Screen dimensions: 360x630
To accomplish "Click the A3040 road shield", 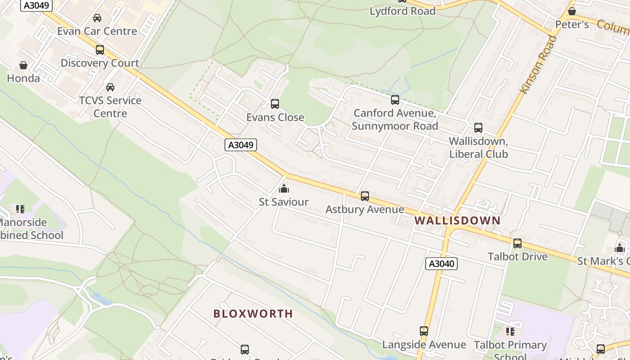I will pos(441,264).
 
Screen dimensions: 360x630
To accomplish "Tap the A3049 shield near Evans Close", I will pos(240,145).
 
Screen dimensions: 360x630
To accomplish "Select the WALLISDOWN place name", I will pos(457,220).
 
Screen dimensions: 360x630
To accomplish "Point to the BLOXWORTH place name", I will pos(253,314).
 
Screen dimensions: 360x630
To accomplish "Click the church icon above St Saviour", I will pos(283,188).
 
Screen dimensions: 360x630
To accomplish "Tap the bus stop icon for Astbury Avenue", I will pos(364,196).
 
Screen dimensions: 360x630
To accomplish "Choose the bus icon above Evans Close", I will pos(274,104).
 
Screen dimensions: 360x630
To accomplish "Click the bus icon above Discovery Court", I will pos(100,50).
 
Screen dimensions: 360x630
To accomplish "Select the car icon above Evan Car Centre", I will pos(97,18).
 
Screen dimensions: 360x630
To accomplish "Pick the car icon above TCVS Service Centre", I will pos(110,87).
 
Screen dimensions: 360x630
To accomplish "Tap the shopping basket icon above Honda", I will pos(23,66).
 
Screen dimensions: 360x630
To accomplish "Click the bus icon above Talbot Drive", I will pos(517,243).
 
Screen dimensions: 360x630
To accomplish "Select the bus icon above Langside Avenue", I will pos(423,331).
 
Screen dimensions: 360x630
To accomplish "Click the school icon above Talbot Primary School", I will pos(510,332).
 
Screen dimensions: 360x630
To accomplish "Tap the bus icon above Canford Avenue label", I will pos(395,100).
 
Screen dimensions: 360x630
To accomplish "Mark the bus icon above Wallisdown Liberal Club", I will pos(478,128).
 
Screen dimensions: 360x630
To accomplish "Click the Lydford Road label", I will pos(402,11).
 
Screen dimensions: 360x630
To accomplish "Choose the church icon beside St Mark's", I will pos(620,248).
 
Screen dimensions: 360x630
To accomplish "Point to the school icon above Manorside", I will pos(20,209).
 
